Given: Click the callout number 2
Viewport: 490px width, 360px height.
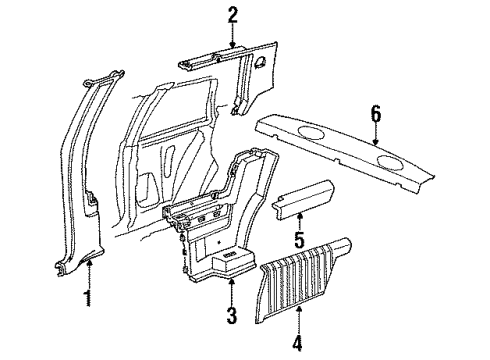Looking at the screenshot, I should tap(232, 15).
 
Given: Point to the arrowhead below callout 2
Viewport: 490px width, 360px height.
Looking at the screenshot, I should tap(232, 46).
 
